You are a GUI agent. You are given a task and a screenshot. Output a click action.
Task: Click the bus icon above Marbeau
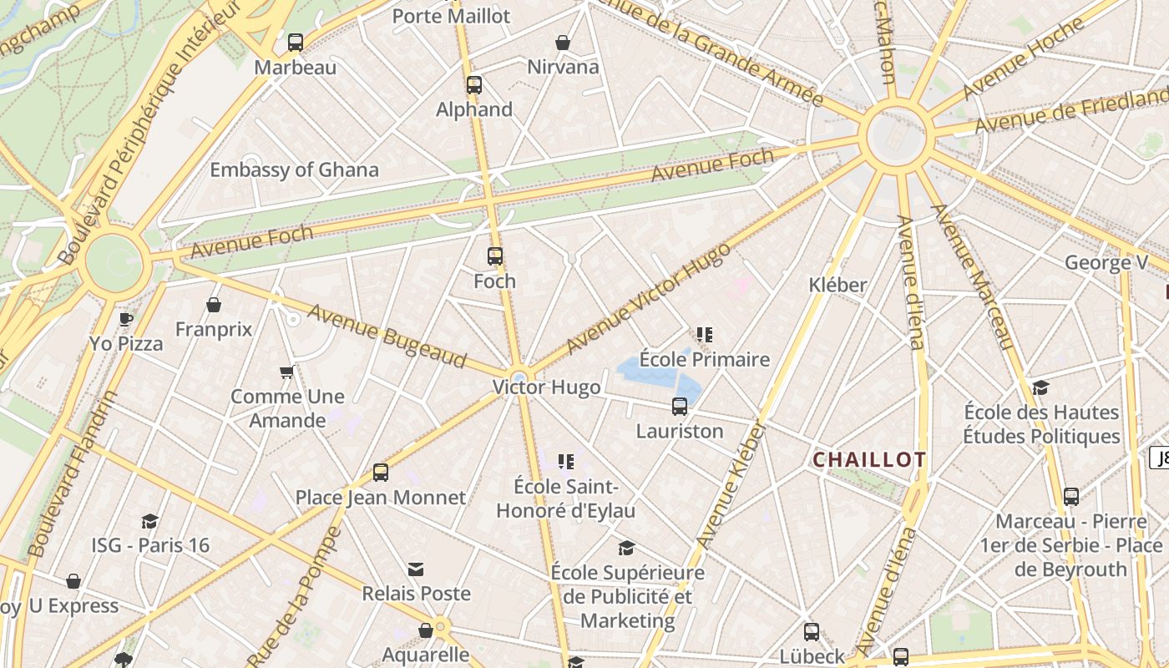point(296,43)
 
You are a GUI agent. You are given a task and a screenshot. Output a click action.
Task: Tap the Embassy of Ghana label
point(294,170)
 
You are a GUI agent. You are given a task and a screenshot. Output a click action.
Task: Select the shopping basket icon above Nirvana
point(563,43)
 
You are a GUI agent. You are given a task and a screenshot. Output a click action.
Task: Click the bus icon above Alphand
point(474,85)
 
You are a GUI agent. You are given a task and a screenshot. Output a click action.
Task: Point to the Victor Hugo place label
point(546,387)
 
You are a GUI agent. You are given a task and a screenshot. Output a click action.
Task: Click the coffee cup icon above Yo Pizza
point(126,319)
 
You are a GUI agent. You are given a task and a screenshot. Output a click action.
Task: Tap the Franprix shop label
point(214,330)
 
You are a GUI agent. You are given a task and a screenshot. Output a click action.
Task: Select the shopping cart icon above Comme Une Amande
point(287,372)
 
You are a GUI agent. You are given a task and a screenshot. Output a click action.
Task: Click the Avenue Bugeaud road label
point(387,337)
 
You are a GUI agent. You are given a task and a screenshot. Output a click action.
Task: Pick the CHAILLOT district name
point(869,460)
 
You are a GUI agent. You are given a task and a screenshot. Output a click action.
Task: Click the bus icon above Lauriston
point(680,407)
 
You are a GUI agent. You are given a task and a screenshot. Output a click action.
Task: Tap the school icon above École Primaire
point(705,335)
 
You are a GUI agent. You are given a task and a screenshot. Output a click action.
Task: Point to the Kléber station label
point(838,285)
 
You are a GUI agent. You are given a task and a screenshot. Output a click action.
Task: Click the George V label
point(1106,263)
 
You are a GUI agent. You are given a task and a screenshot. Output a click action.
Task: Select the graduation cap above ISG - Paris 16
point(150,522)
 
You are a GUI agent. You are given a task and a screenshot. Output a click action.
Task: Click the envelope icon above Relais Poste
point(416,569)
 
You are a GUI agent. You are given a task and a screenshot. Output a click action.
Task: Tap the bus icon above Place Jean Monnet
point(381,473)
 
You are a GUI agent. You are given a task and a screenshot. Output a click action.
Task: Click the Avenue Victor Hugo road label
point(647,298)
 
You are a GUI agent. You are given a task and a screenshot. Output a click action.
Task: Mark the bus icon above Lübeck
point(812,632)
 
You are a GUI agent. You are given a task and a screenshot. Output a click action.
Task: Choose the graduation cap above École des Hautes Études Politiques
point(1040,388)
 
